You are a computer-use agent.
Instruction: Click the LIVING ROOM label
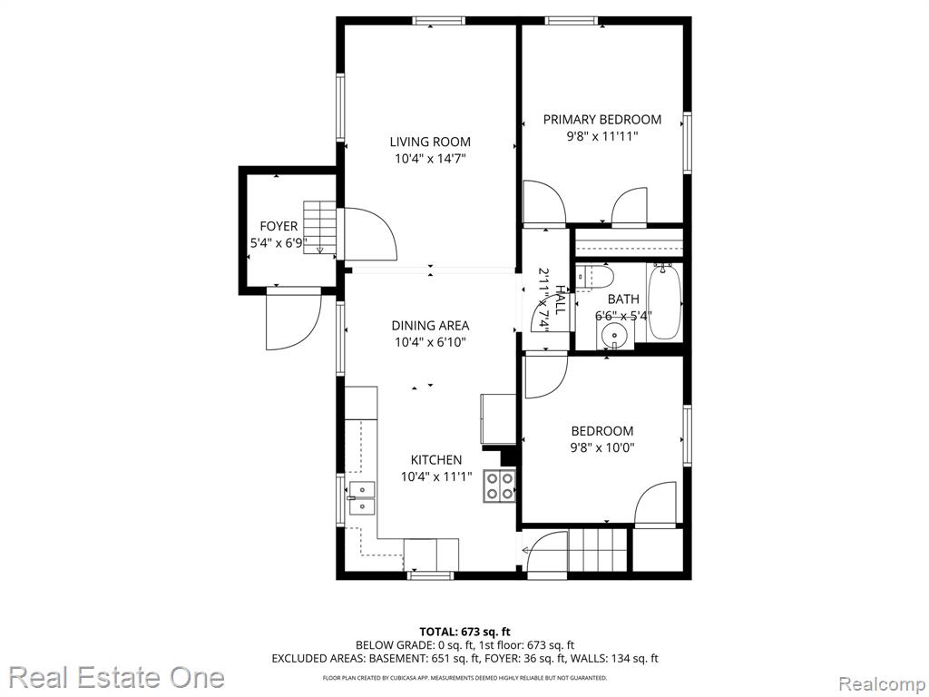[430, 142]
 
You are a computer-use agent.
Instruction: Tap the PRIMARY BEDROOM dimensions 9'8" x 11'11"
[602, 136]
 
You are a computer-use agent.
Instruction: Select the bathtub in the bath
[665, 302]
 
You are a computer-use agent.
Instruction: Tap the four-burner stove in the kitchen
[500, 486]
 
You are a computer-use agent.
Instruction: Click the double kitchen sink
[361, 498]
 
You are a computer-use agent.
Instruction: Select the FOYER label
[279, 226]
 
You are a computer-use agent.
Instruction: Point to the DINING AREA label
[430, 326]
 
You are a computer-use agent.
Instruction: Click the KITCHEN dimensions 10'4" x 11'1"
[436, 476]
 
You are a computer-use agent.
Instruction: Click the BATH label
[623, 299]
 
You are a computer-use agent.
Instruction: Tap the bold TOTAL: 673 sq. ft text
[464, 632]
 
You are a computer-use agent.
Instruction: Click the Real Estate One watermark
[117, 677]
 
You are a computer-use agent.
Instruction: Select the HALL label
[559, 299]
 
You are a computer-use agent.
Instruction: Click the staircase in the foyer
[320, 228]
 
